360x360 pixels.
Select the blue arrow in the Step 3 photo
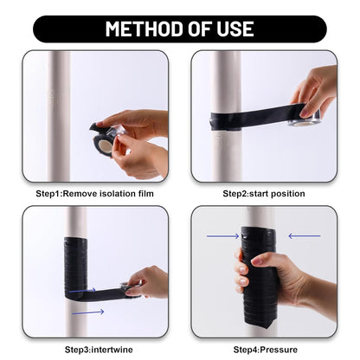click(x=86, y=312)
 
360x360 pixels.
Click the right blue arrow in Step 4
click(x=305, y=235)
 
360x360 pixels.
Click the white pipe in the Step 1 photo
click(x=59, y=95)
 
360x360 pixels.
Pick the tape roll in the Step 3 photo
click(x=131, y=286)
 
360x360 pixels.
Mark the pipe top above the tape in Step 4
click(x=259, y=215)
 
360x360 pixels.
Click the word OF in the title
click(x=194, y=29)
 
